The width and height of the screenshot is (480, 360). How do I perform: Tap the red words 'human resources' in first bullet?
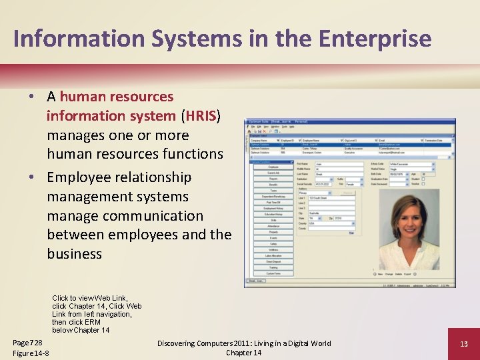pyautogui.click(x=117, y=97)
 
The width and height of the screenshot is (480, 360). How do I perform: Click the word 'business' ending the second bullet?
pyautogui.click(x=75, y=254)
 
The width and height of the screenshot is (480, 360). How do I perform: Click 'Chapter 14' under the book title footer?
pyautogui.click(x=243, y=353)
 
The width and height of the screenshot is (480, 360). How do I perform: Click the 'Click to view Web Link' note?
pyautogui.click(x=89, y=298)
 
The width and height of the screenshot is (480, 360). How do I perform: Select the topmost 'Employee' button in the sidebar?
pyautogui.click(x=273, y=167)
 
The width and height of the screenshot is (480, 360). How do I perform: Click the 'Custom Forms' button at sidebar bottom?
pyautogui.click(x=273, y=274)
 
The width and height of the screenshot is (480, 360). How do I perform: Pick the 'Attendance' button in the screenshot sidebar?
pyautogui.click(x=273, y=227)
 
